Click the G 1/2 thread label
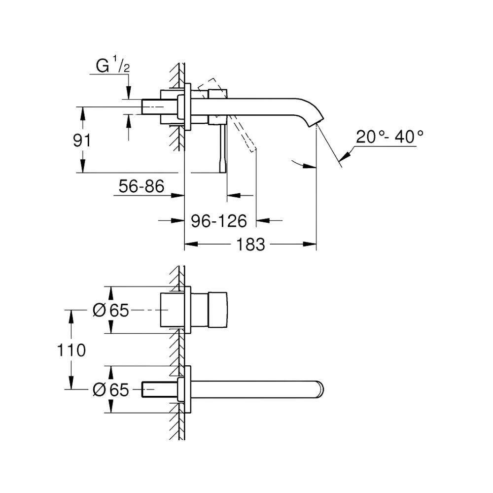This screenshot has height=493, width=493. [112, 67]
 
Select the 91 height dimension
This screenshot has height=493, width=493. [82, 141]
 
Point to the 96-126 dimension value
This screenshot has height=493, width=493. [219, 221]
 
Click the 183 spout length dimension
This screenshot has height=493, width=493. [250, 244]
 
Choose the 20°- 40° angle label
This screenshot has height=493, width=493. [390, 137]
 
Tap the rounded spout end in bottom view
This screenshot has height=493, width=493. [320, 389]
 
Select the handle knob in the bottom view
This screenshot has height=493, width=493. [218, 310]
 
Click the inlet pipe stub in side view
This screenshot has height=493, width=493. [157, 107]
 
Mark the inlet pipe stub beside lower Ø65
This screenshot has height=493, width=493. [157, 389]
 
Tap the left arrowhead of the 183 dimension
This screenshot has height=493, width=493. [190, 244]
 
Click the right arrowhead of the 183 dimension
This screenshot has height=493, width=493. [311, 244]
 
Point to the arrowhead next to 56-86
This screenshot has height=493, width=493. [178, 195]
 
